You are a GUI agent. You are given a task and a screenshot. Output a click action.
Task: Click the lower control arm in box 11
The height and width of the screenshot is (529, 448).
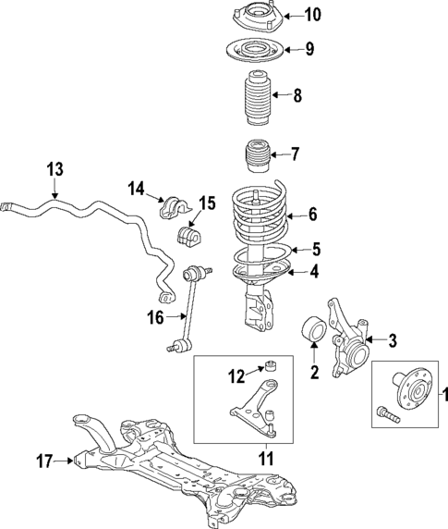click(252, 414)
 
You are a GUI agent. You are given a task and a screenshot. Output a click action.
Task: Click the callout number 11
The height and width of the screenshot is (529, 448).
click(266, 457)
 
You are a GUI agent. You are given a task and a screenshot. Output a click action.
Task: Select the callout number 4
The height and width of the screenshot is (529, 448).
click(315, 271)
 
